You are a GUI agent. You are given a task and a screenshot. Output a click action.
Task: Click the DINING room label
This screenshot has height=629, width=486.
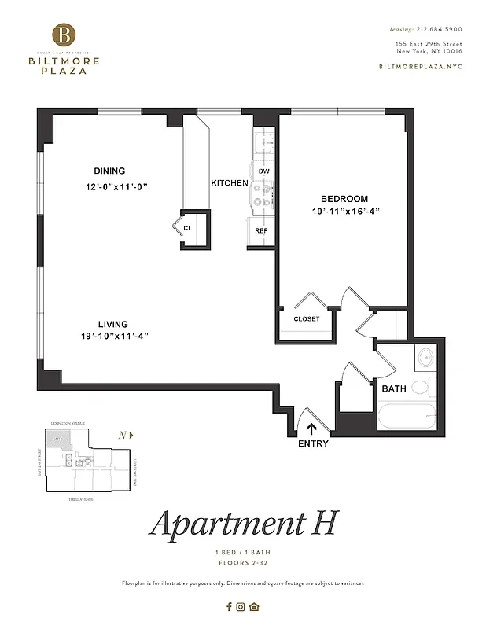point(109,171)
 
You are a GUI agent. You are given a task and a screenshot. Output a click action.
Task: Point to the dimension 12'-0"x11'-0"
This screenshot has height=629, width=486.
point(117,187)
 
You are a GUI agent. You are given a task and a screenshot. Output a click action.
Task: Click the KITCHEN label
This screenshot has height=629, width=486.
point(229,183)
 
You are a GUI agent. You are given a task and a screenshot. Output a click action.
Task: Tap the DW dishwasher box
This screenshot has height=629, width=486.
point(263,171)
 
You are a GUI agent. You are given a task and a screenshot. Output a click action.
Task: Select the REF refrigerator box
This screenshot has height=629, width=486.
point(261,231)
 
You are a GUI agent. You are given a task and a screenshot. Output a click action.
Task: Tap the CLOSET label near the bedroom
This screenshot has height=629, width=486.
point(306,318)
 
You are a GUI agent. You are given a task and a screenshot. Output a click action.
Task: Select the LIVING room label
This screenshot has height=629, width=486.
point(112,324)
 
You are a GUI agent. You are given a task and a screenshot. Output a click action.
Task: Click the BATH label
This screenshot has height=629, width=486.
point(393,388)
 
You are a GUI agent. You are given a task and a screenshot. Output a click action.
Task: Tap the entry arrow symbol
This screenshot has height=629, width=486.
point(311,429)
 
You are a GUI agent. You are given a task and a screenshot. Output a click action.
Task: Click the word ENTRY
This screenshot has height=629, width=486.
point(313,444)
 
